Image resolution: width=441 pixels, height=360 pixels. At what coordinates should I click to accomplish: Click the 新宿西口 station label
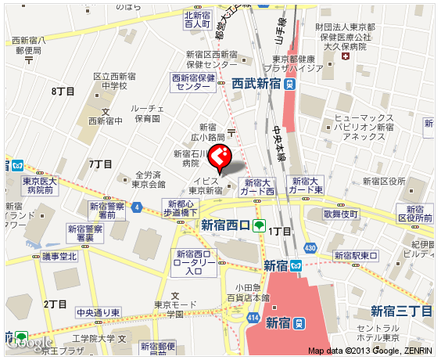[225, 225]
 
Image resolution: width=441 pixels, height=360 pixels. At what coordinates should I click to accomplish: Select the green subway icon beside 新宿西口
[259, 225]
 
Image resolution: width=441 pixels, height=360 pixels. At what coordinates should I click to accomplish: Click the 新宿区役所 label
[384, 182]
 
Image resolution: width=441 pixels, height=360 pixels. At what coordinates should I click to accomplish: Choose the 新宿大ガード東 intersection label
[305, 185]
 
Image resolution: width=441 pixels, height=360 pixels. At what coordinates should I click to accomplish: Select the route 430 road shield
[310, 247]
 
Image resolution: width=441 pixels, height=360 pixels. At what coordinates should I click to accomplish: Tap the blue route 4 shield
[137, 207]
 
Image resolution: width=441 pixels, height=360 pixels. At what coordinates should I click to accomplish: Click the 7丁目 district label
[101, 164]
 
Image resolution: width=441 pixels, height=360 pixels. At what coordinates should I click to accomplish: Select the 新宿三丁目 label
[400, 311]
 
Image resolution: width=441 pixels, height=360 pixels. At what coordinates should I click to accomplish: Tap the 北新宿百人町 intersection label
[198, 19]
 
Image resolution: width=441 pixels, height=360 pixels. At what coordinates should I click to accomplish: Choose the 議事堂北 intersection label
[59, 256]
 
